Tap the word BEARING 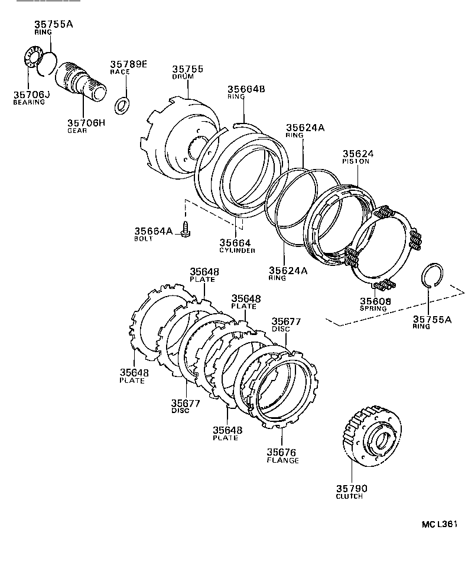coord(29,102)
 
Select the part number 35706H coord(86,123)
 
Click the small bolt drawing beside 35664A coord(185,229)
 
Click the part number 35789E coord(128,64)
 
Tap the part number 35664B coord(246,89)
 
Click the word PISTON coord(356,161)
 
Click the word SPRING coord(372,308)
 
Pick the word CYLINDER coord(237,251)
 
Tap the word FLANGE coord(283,460)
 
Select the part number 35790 coord(352,488)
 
